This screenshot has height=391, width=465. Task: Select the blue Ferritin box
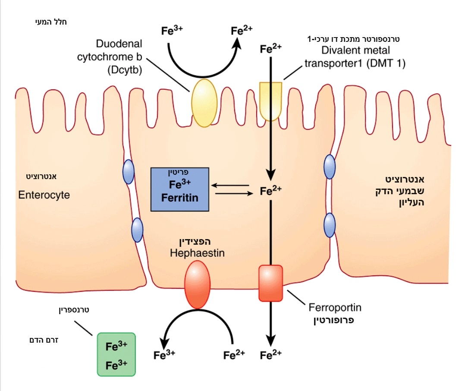(x=179, y=189)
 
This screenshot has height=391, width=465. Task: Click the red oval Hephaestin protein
(x=197, y=284)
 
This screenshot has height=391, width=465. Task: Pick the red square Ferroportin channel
(x=270, y=283)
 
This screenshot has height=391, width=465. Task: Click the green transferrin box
(x=116, y=355)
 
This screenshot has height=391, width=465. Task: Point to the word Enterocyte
(x=44, y=195)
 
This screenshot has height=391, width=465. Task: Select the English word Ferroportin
(x=335, y=308)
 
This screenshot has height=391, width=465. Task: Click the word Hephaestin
(x=197, y=253)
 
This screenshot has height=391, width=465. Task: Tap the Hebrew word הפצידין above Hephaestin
(x=198, y=241)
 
